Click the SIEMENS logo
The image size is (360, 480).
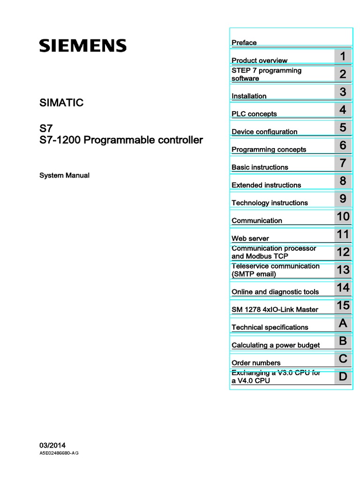(82, 45)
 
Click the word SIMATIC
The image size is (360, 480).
(61, 103)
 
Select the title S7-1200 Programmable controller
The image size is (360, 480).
(121, 140)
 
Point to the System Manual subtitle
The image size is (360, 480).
(64, 175)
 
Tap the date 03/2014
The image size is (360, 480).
(52, 445)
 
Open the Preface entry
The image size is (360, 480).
(244, 43)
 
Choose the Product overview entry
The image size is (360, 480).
(260, 60)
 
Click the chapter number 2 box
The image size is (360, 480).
(343, 74)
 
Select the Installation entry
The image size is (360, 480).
(249, 96)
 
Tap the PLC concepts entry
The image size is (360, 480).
(254, 114)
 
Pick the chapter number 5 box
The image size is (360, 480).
(343, 127)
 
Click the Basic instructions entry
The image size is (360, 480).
(260, 167)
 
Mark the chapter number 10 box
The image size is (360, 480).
(343, 217)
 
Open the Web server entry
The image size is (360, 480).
(250, 239)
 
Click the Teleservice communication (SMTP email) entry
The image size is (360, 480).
(276, 270)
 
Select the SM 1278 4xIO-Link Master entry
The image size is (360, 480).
(275, 309)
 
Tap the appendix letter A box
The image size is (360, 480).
(343, 323)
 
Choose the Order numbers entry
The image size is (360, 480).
(256, 363)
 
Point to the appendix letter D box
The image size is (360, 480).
(343, 377)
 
